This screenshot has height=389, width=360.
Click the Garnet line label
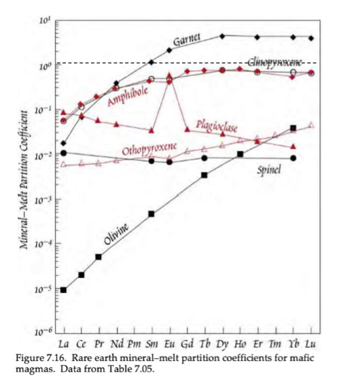coord(187,41)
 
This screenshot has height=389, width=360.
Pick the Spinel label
coord(270,169)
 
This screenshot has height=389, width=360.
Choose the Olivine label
coord(118,235)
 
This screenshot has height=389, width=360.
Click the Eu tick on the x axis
coord(169,341)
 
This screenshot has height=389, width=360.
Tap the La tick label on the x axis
coord(63,341)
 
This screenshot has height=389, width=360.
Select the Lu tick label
coord(311,341)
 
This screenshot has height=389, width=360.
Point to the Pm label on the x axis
coord(134,341)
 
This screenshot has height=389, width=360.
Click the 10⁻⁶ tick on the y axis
coord(45,331)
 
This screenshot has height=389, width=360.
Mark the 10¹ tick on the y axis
coord(46,22)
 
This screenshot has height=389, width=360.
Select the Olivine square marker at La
coord(63,290)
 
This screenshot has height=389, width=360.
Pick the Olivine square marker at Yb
coord(293,128)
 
